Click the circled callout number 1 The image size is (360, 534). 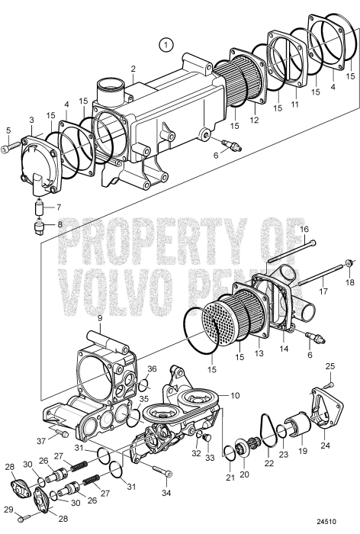(x=167, y=45)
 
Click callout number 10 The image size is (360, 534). (x=235, y=397)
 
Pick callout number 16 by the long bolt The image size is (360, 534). (x=303, y=229)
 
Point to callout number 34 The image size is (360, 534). (x=166, y=482)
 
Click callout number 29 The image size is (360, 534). (x=7, y=510)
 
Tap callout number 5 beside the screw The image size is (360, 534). (x=8, y=130)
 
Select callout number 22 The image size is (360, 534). (x=268, y=463)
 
